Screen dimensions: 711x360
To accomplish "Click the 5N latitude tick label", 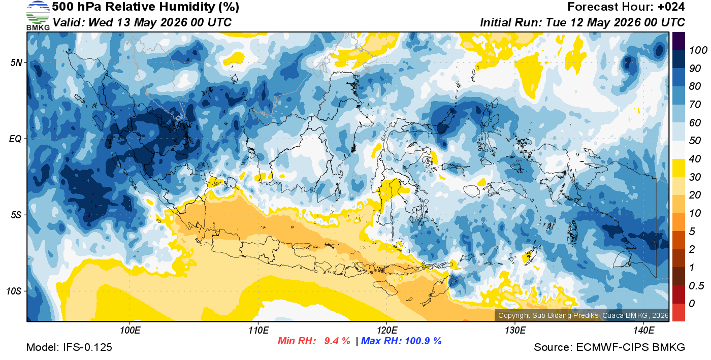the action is (x=16, y=62).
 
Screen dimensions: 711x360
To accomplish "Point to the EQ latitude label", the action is (x=16, y=139).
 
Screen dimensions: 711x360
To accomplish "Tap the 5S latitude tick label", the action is (x=16, y=215).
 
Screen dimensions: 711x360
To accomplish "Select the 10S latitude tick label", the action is (x=14, y=291).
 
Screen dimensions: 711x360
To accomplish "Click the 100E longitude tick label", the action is (x=130, y=331).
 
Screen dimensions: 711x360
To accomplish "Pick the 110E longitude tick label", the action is (x=258, y=331).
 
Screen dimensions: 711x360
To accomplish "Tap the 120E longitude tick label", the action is (x=387, y=331).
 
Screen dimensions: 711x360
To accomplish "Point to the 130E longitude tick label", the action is (x=515, y=331).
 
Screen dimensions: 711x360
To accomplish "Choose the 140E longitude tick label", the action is (x=643, y=331).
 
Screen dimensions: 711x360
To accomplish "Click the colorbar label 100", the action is (x=698, y=50).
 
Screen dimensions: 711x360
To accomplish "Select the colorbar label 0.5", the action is (x=696, y=286).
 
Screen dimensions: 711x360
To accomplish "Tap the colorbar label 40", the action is (x=695, y=159).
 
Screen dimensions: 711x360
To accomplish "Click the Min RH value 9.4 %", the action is (x=337, y=341).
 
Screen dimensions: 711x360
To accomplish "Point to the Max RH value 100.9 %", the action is (x=423, y=341).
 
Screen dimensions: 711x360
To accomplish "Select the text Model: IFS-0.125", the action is (x=69, y=347).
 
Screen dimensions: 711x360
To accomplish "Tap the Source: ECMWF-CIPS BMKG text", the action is (x=609, y=347).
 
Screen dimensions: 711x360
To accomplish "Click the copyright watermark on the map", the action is (x=583, y=315).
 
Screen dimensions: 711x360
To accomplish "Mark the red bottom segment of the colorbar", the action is (x=678, y=312).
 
